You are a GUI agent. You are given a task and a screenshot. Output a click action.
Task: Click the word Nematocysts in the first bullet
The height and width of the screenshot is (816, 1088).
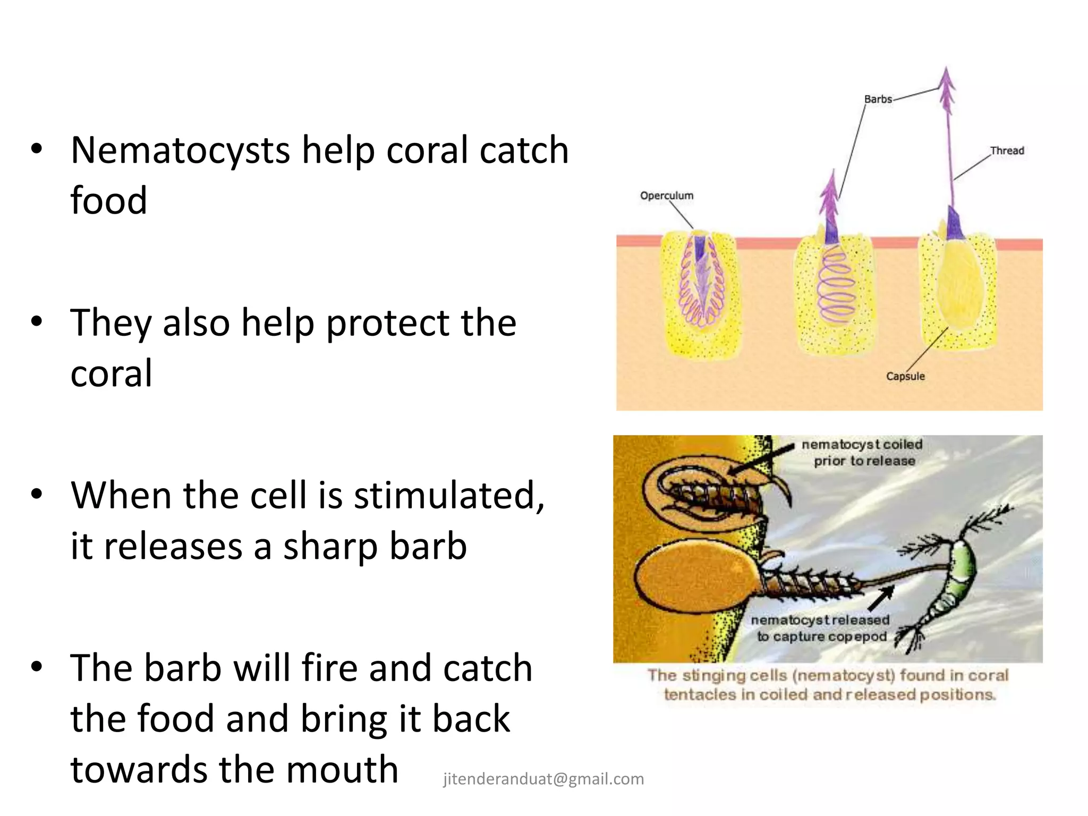[181, 150]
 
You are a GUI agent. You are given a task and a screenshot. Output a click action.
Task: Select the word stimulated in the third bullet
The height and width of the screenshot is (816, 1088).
[449, 495]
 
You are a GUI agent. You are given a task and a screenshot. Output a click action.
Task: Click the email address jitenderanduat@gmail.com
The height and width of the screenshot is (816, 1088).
[543, 779]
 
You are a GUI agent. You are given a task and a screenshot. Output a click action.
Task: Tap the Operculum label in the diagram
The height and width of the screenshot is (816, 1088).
[666, 195]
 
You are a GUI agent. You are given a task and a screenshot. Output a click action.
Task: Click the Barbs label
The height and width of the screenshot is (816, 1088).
[878, 99]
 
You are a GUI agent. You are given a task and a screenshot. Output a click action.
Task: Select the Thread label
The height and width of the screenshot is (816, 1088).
[1007, 151]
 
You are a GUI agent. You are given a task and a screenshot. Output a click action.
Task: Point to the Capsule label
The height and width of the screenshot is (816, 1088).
[905, 376]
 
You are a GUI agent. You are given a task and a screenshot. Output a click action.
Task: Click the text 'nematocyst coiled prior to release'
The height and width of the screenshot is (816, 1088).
[862, 452]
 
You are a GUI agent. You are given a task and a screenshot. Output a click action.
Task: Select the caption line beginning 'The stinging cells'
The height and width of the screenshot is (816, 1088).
[828, 675]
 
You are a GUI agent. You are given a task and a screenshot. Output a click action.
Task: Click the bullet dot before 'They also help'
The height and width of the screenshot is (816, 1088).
[36, 322]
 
